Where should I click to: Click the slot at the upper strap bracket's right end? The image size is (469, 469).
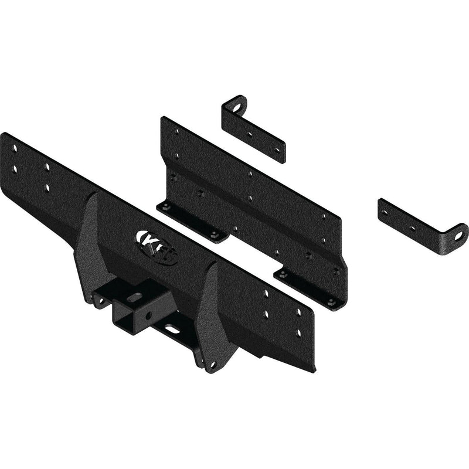pos(278,149)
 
